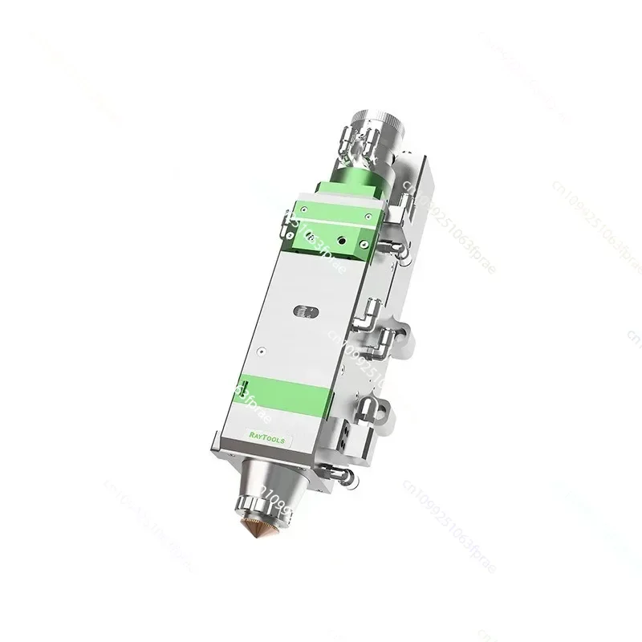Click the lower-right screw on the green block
(364, 246)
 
